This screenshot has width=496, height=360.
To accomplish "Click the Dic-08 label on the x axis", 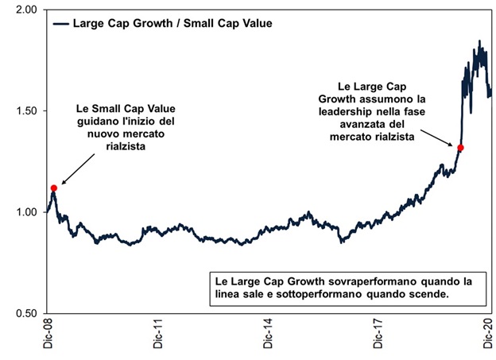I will point(48,338).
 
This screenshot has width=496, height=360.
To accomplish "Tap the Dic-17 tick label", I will point(381,338).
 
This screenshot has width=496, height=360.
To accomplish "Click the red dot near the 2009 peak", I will point(54,188).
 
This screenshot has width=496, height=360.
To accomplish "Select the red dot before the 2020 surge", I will point(460,148).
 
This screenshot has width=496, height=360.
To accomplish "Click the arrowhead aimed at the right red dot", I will point(454,144).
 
